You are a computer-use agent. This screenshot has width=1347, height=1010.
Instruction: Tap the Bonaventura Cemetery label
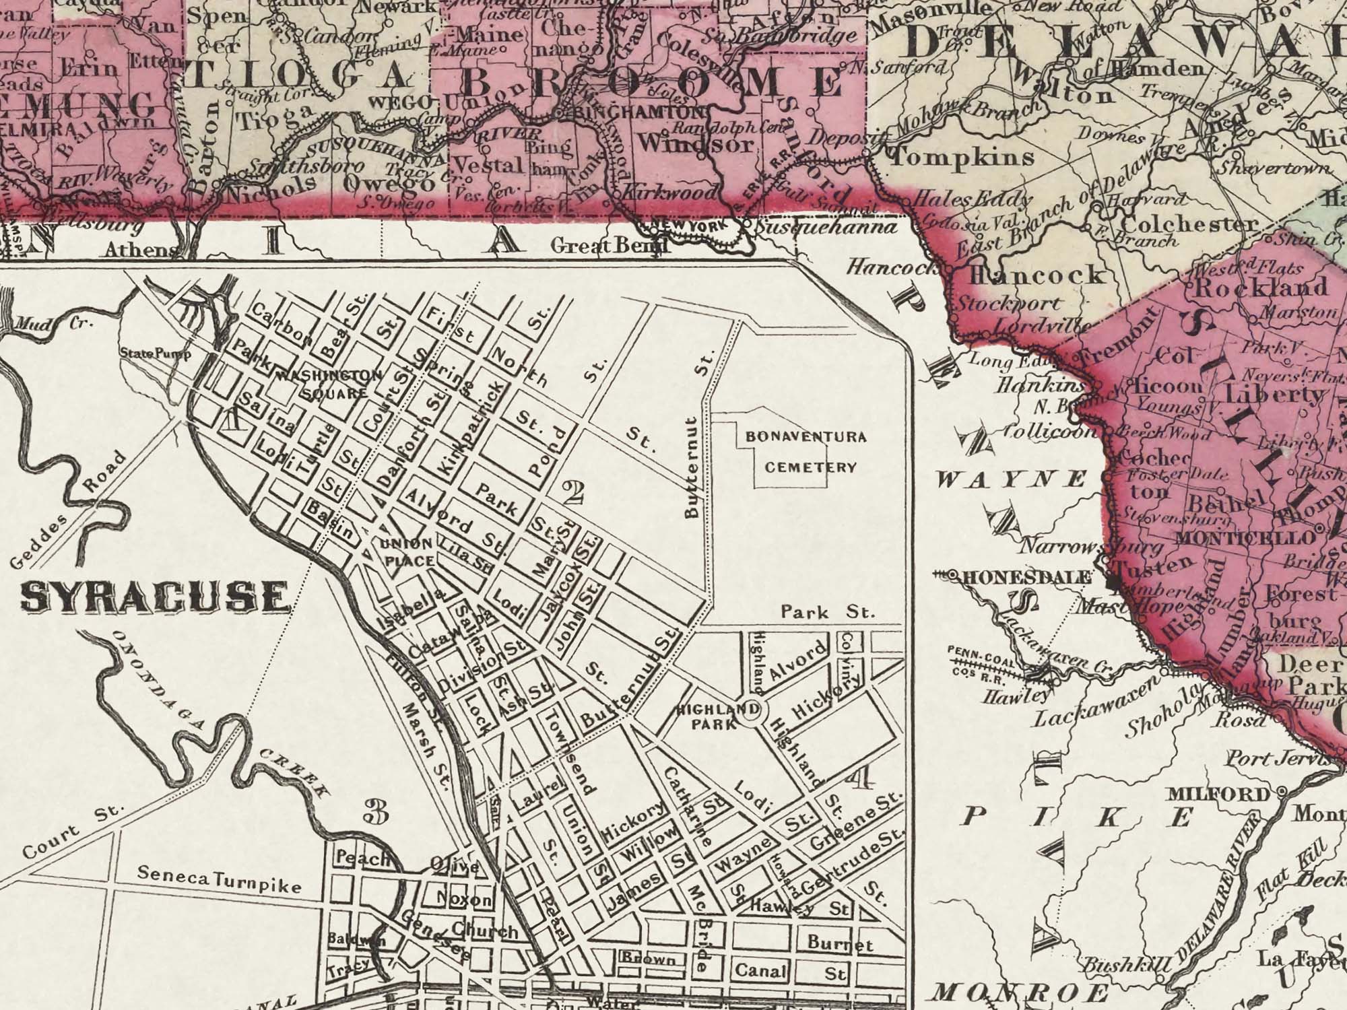[806, 452]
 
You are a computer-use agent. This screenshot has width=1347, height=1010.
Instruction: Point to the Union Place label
[406, 551]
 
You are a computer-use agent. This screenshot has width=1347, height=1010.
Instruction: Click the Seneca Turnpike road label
[219, 879]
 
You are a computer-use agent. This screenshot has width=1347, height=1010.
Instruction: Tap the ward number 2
[574, 495]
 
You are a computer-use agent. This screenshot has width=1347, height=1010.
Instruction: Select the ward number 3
[376, 813]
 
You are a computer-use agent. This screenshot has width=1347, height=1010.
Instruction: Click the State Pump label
[155, 353]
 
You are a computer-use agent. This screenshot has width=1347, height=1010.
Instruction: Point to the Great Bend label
[609, 246]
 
